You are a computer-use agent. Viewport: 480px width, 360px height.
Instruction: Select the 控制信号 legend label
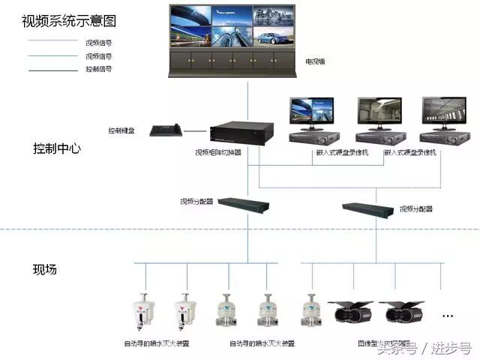(99, 69)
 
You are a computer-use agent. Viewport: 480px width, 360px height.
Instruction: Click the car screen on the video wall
(272, 36)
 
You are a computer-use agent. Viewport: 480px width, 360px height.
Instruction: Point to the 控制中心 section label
(56, 148)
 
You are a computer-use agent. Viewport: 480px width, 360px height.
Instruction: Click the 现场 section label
(44, 269)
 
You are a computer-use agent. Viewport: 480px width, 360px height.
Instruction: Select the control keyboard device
(166, 130)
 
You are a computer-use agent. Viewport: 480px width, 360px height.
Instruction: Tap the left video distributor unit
(248, 203)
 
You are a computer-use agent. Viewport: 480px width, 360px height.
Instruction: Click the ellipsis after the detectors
(448, 314)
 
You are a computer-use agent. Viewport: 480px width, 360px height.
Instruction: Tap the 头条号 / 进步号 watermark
(424, 348)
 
